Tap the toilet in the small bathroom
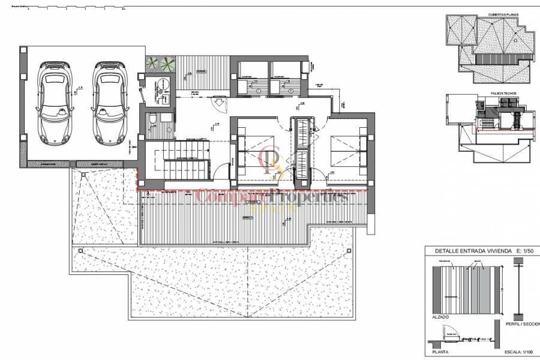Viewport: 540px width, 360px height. click(x=152, y=118)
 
